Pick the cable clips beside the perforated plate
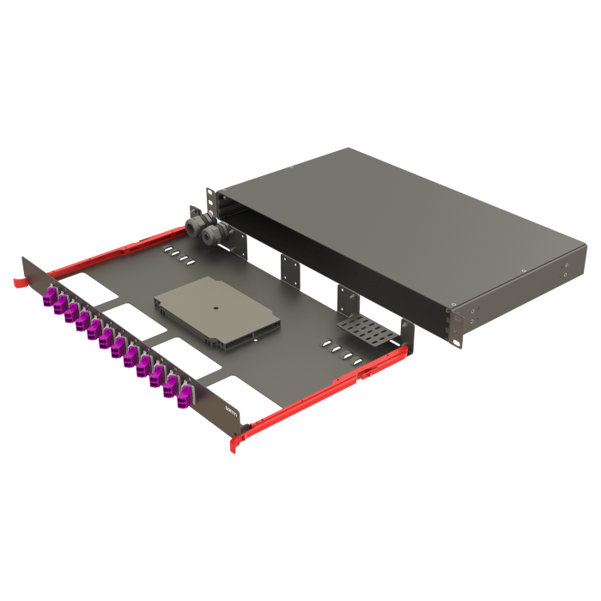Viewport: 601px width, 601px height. (339, 349)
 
